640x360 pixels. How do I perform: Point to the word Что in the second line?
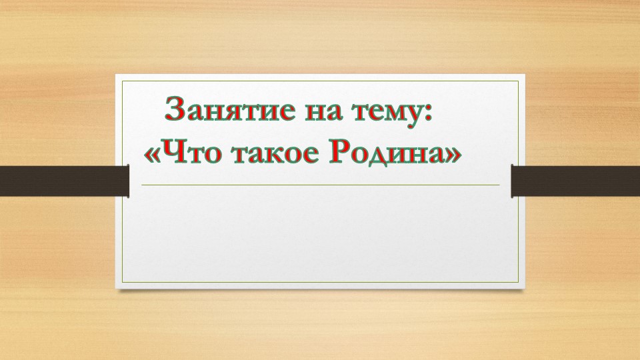coord(192,153)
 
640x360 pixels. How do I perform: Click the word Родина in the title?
coord(385,154)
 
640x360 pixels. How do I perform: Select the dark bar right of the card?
coord(575,180)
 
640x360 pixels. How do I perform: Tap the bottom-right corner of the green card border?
coord(519,282)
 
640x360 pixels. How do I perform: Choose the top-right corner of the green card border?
coord(519,81)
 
